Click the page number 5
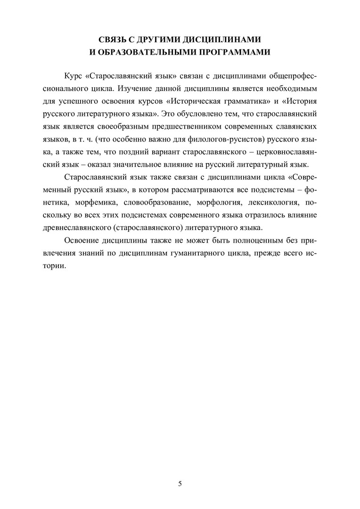point(180,484)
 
